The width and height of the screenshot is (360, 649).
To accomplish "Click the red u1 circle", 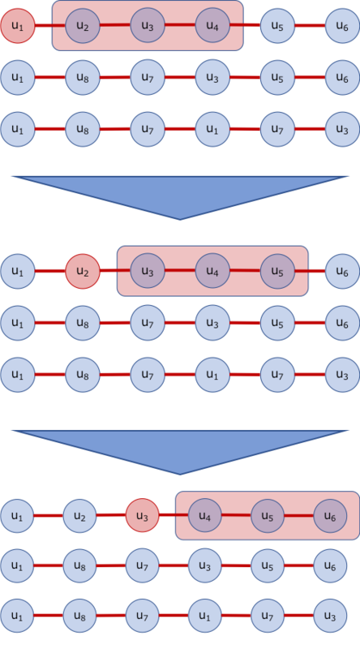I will click(17, 26).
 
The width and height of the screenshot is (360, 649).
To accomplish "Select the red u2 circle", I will click(82, 270).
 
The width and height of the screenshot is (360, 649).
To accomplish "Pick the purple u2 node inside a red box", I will click(82, 26).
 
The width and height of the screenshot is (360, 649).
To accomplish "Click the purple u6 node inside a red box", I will click(330, 516).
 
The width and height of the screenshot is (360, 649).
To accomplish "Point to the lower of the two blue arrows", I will click(180, 449).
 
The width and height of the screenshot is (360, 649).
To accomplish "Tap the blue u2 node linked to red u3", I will click(79, 516).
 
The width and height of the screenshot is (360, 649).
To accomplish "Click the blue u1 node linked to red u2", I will click(17, 270).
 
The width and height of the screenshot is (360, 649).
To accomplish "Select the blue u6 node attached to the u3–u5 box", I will click(341, 270).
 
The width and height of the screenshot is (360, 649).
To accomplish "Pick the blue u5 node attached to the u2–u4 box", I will click(276, 26).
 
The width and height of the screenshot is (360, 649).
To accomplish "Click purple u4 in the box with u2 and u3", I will click(212, 26).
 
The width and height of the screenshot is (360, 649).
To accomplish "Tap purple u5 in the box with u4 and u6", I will click(268, 516).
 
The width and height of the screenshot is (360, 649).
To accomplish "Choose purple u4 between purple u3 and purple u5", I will click(212, 270).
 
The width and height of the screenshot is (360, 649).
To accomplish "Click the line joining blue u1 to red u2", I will click(49, 270).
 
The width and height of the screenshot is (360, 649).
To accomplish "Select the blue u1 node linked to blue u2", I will click(17, 516).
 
